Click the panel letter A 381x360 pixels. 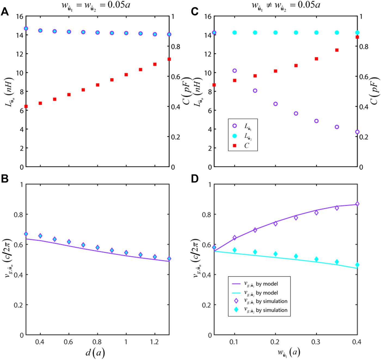[x=5, y=12]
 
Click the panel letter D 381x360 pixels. [x=195, y=179]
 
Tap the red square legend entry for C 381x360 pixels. [x=235, y=146]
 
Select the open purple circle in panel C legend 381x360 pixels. [x=235, y=126]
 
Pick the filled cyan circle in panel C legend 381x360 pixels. [x=235, y=136]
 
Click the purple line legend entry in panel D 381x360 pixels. [x=236, y=284]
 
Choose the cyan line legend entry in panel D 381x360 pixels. [x=236, y=293]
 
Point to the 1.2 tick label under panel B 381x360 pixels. [x=154, y=342]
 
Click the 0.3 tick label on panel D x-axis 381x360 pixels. [x=316, y=342]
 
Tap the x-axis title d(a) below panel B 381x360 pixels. [x=95, y=353]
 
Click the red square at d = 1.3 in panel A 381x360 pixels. [x=169, y=59]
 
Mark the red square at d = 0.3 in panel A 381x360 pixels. [x=26, y=106]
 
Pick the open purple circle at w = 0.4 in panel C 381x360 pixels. [x=357, y=132]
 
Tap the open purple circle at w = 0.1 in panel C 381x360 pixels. [x=235, y=71]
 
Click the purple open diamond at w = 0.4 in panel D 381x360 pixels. [x=357, y=204]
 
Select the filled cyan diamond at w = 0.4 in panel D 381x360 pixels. [x=357, y=265]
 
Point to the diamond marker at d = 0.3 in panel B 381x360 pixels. [x=26, y=234]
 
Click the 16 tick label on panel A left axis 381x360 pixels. [x=20, y=16]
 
